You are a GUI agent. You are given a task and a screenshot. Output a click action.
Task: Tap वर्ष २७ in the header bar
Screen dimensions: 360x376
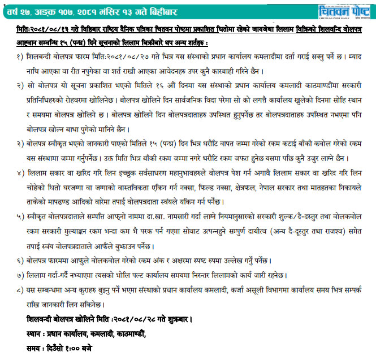[x=18, y=8]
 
